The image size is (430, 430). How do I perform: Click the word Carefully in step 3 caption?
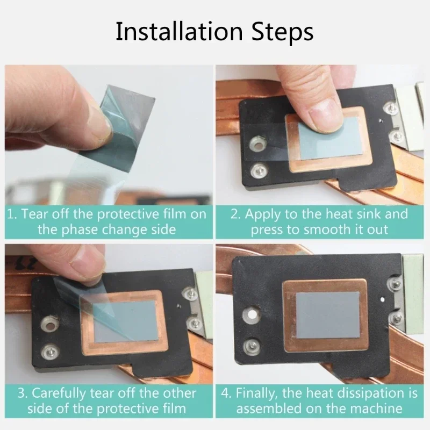coord(59,393)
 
